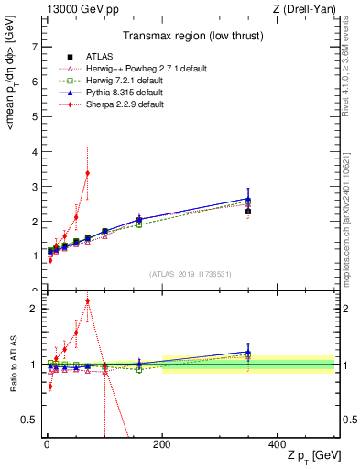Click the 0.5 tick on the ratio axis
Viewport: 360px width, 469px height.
click(29, 420)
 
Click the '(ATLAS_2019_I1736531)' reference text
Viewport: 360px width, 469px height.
click(190, 274)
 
